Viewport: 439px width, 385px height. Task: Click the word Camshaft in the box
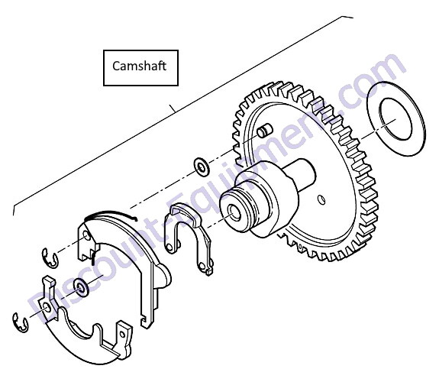pyautogui.click(x=139, y=66)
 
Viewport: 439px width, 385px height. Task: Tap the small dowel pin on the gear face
pyautogui.click(x=265, y=131)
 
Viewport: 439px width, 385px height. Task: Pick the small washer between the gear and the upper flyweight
pyautogui.click(x=202, y=167)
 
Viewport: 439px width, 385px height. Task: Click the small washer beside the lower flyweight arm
pyautogui.click(x=82, y=287)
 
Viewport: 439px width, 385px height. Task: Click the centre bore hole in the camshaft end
pyautogui.click(x=234, y=212)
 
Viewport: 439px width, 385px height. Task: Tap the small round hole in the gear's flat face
pyautogui.click(x=321, y=199)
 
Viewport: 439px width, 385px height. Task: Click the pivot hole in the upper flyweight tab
pyautogui.click(x=87, y=237)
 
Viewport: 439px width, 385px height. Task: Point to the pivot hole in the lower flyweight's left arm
pyautogui.click(x=47, y=307)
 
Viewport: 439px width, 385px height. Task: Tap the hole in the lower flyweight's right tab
pyautogui.click(x=122, y=335)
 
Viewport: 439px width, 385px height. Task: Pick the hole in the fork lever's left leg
pyautogui.click(x=169, y=247)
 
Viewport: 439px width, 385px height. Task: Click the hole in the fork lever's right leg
pyautogui.click(x=202, y=266)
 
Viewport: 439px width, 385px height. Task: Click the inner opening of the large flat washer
pyautogui.click(x=395, y=119)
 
